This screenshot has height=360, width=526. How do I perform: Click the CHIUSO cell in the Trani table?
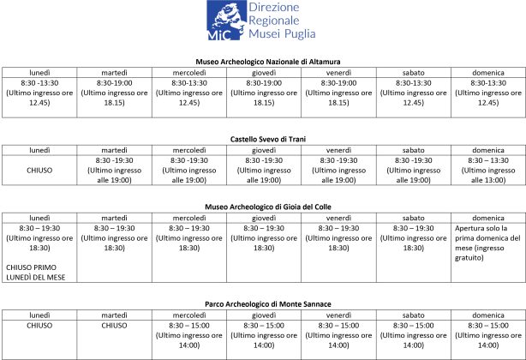[39, 170]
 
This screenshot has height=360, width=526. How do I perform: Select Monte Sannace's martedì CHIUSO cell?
[114, 325]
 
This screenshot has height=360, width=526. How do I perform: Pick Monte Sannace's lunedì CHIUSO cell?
[39, 325]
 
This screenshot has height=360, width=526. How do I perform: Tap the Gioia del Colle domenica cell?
[487, 242]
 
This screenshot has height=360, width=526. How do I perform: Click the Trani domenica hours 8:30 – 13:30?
[487, 160]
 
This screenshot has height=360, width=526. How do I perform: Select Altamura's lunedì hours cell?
[39, 93]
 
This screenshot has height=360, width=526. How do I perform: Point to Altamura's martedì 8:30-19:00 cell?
[114, 93]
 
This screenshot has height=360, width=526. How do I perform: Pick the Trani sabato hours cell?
[413, 170]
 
